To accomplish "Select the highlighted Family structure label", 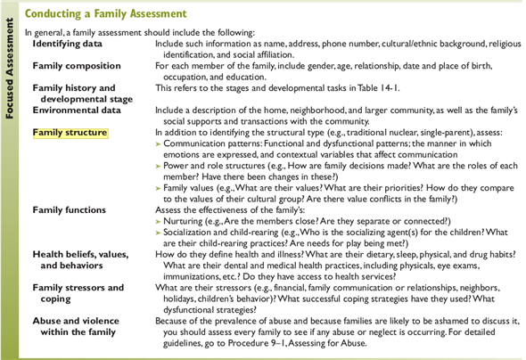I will pyautogui.click(x=70, y=133).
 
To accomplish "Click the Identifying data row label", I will pyautogui.click(x=68, y=43).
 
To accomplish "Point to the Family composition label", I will pyautogui.click(x=77, y=66).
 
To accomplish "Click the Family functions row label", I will pyautogui.click(x=69, y=210).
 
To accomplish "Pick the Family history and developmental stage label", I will pyautogui.click(x=75, y=94).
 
